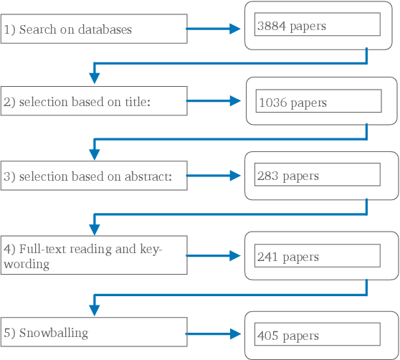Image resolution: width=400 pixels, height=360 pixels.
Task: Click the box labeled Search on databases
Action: [93, 29]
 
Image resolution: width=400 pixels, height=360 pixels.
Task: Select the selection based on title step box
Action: [93, 101]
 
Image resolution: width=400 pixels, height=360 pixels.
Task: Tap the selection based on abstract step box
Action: [93, 176]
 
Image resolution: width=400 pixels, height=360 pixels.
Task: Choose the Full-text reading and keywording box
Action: [93, 255]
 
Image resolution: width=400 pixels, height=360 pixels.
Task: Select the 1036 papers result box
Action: [318, 102]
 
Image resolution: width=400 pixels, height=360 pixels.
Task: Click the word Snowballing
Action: [54, 333]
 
